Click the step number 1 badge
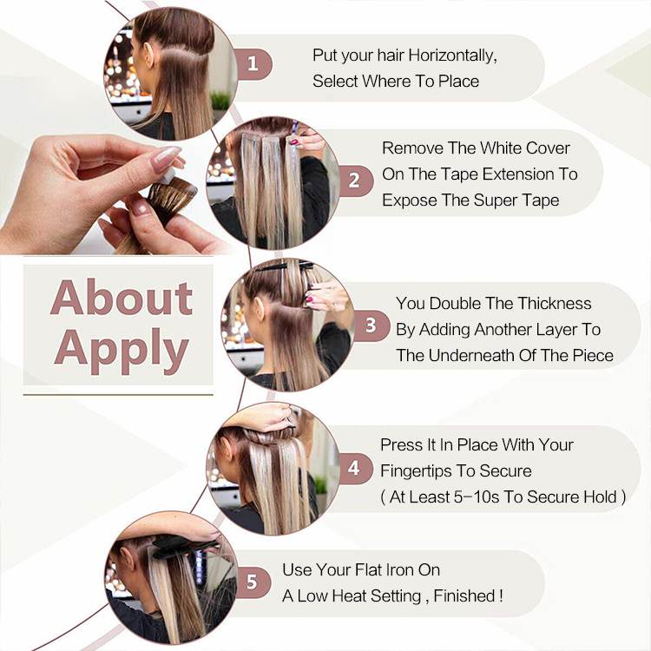tap(253, 64)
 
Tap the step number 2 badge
tap(354, 181)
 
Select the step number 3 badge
tap(371, 325)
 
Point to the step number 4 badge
tap(354, 469)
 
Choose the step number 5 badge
tap(252, 582)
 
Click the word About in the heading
tap(122, 298)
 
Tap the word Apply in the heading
tap(122, 350)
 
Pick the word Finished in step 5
tap(464, 595)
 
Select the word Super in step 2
tap(494, 201)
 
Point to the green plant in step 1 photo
tap(220, 101)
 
